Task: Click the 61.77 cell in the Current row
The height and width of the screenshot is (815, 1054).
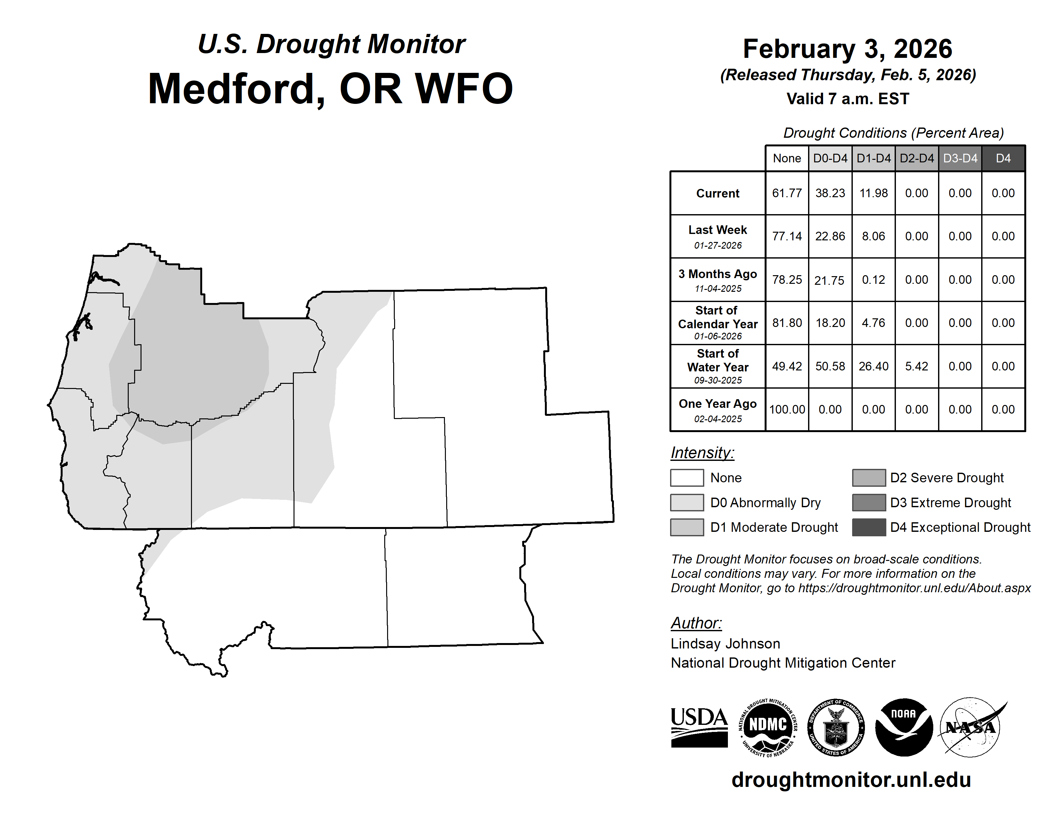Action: click(x=787, y=193)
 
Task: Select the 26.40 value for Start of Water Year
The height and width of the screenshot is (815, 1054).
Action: click(x=874, y=367)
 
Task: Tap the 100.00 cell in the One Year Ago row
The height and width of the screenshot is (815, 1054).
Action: click(x=787, y=409)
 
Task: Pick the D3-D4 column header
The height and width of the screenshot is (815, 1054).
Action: click(x=960, y=158)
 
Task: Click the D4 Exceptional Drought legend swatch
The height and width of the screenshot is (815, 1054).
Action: click(x=869, y=527)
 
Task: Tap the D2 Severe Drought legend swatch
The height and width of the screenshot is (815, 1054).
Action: click(x=869, y=477)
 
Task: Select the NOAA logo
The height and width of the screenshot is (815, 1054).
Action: click(x=904, y=727)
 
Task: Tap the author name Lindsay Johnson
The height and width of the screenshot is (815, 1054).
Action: click(x=725, y=644)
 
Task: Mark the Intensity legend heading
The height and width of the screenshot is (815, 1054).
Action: click(x=702, y=453)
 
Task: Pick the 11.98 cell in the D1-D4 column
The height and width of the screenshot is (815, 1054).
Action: click(x=874, y=193)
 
